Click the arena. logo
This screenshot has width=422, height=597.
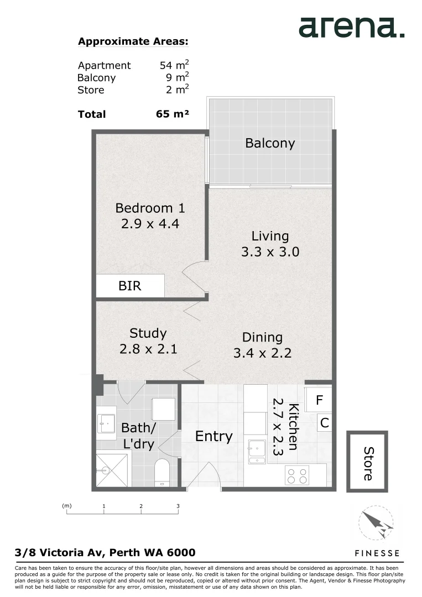click(351, 27)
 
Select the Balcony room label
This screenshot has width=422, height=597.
click(270, 143)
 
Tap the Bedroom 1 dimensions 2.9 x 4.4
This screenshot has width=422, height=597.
click(150, 224)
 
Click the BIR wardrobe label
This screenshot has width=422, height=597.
click(130, 286)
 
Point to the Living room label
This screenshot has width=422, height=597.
click(270, 236)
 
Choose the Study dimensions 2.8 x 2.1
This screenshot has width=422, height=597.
click(148, 349)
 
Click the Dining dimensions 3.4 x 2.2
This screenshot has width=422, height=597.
click(262, 353)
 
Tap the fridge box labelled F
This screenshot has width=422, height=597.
click(319, 400)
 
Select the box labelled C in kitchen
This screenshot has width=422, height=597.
click(325, 423)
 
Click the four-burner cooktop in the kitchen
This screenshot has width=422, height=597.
click(297, 475)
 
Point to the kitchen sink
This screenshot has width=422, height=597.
click(257, 451)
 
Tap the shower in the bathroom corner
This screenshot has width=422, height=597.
click(112, 470)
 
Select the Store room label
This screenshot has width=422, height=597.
click(368, 463)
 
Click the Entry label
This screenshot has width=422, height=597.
click(214, 436)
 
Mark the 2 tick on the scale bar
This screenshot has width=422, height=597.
click(141, 506)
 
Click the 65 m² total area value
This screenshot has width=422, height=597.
click(173, 114)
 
